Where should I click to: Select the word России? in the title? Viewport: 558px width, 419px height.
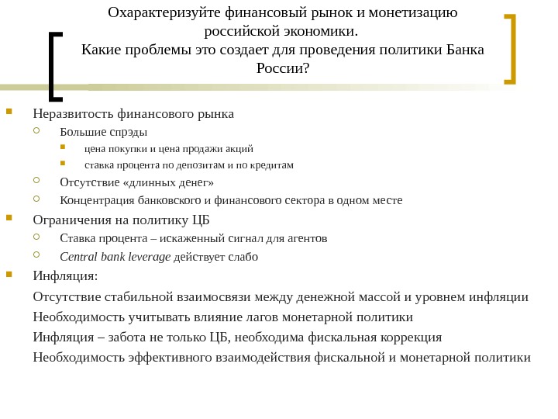[x=283, y=69]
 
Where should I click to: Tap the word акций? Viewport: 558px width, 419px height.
[x=239, y=148]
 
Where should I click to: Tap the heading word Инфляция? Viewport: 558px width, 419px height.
[x=66, y=275]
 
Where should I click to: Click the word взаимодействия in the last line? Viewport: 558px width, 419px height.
[x=267, y=357]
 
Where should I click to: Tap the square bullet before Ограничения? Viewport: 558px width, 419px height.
[x=9, y=218]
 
